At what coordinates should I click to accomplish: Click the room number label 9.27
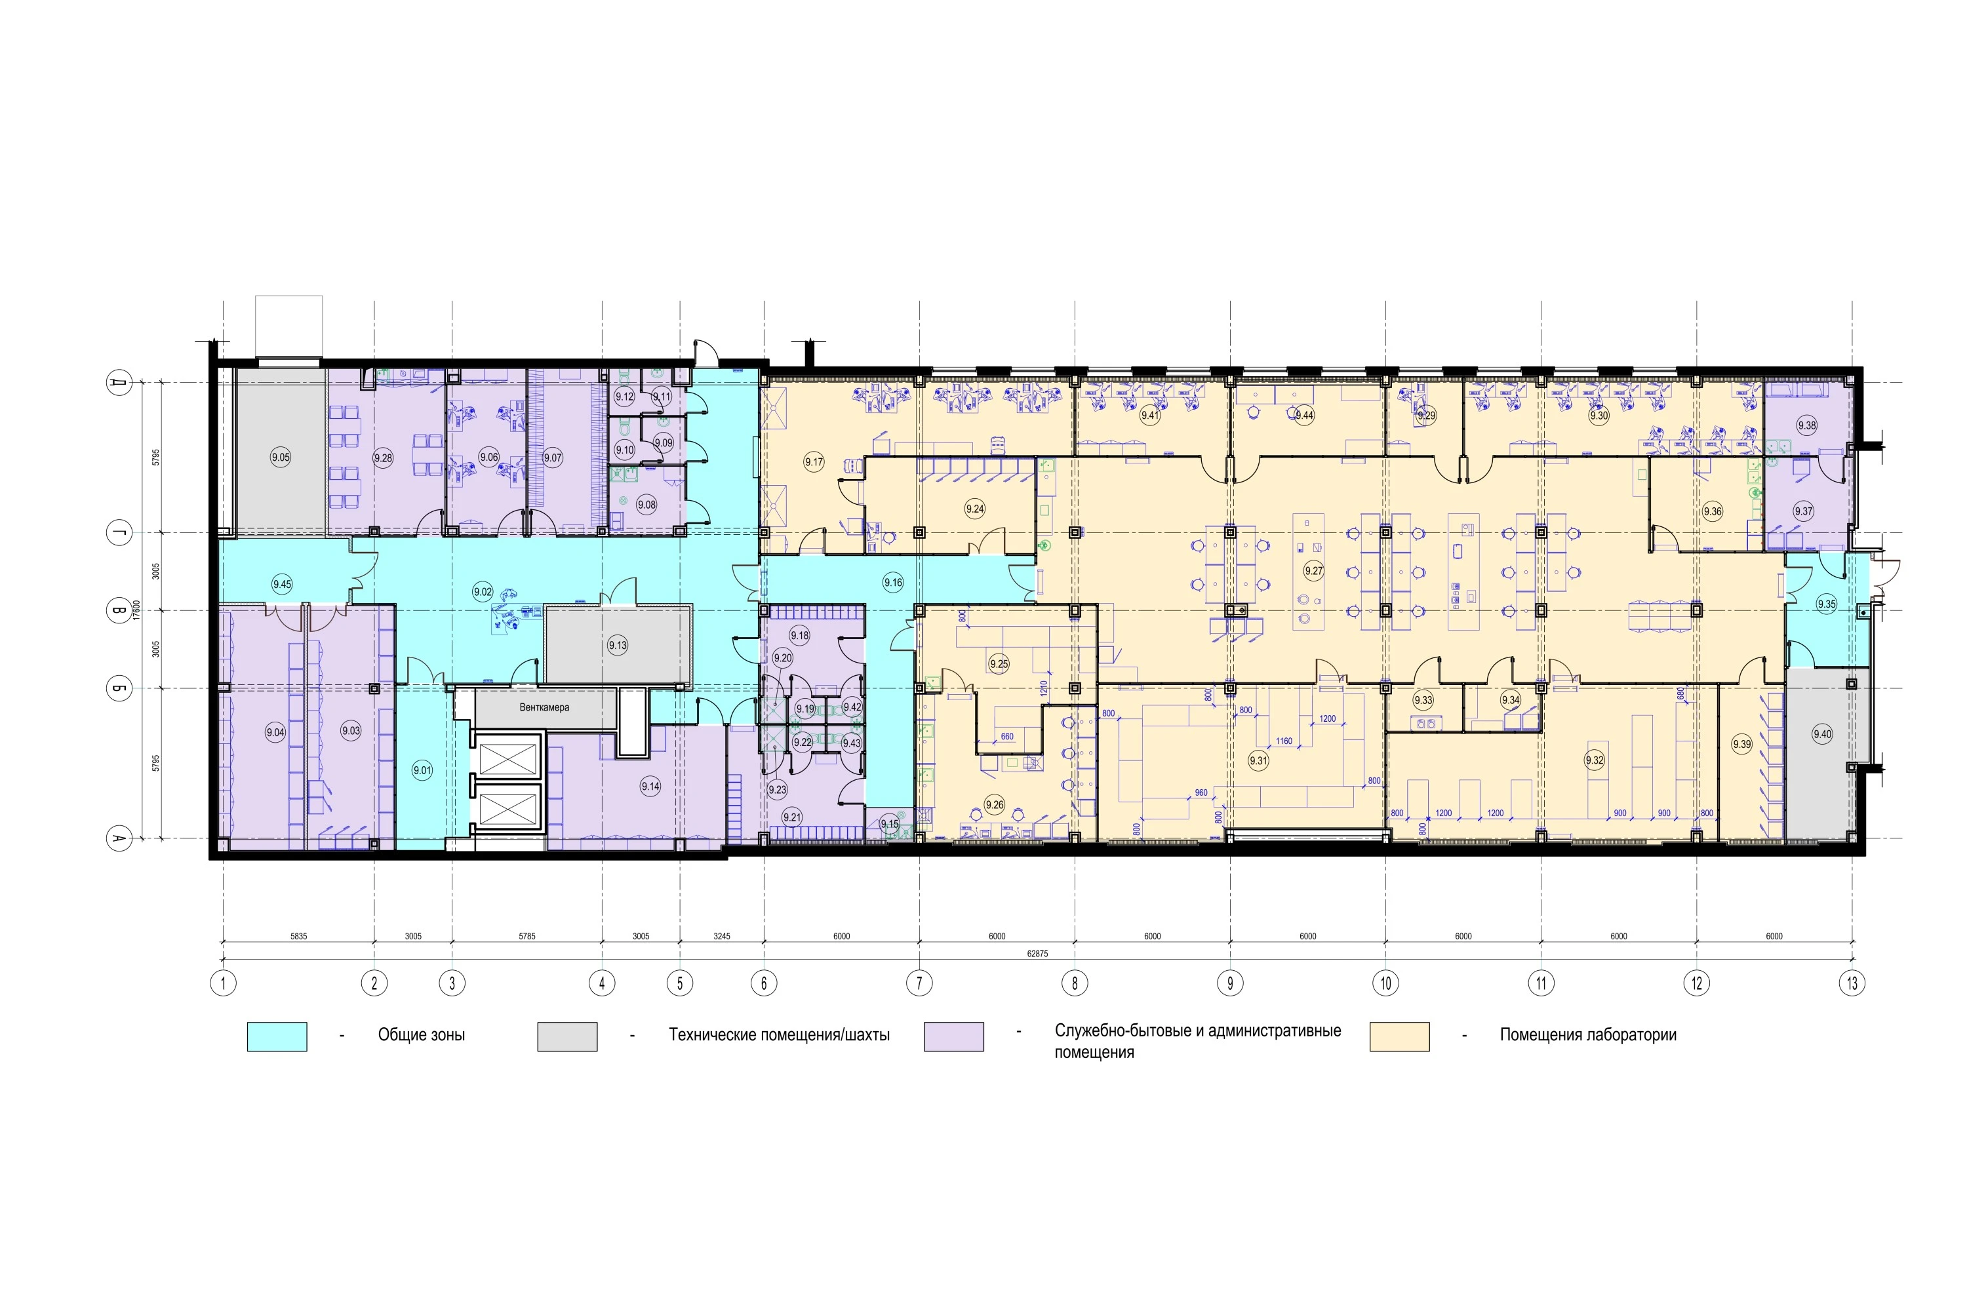coord(1314,571)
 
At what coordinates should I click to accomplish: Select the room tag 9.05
coord(280,458)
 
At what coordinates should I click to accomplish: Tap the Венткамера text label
coord(544,707)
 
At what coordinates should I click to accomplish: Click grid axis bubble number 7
coord(919,983)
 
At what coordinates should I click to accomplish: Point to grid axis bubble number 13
coord(1852,983)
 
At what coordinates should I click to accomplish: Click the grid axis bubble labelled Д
coord(119,383)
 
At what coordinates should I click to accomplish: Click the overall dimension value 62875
coord(1037,954)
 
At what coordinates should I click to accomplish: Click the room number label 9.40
coord(1821,734)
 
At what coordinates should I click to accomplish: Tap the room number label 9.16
coord(892,583)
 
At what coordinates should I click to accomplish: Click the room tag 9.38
coord(1806,425)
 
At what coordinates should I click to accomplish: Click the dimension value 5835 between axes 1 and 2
coord(298,937)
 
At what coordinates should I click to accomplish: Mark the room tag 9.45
coord(282,585)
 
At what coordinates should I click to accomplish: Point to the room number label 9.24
coord(974,509)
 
